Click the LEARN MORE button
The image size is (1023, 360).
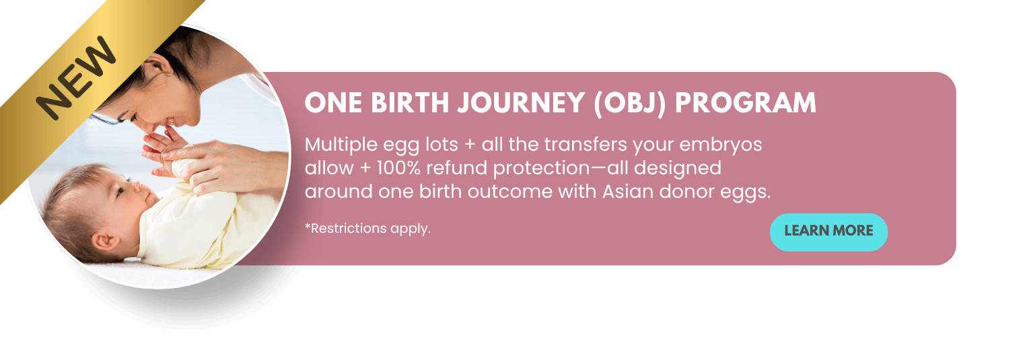(x=828, y=231)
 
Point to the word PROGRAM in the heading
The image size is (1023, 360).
(x=745, y=104)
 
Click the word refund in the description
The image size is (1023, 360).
(x=442, y=168)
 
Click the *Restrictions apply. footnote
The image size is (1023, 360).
(x=367, y=229)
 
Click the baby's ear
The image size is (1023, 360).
(x=99, y=240)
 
